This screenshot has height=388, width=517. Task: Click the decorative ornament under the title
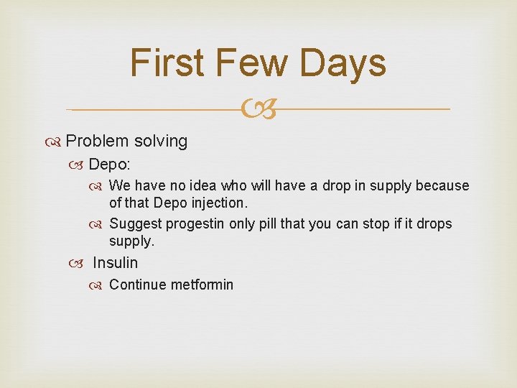coord(258,110)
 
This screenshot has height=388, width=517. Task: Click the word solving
coord(161,142)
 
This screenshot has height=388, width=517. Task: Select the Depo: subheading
coord(109,165)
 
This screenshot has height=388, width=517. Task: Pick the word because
coord(442,186)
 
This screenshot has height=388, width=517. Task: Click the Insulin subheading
coord(115,263)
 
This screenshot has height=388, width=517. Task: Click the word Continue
coord(138,285)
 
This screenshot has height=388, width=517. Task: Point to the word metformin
coord(202,285)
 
